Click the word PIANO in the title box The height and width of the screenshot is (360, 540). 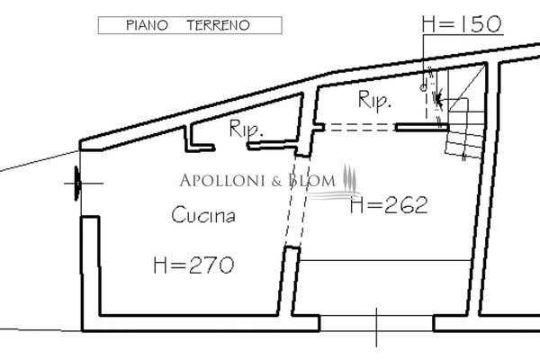coord(147,25)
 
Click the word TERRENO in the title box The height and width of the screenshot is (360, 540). coord(218,25)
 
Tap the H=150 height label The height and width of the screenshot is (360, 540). coord(462,24)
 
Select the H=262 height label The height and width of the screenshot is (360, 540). coord(389,205)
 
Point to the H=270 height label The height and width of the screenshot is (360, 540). coord(193,265)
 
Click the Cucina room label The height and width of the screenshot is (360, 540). coord(203,214)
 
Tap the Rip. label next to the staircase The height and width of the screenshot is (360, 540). coord(374,100)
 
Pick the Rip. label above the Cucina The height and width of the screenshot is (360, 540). coord(246,129)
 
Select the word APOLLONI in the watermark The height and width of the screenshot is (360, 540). coord(223,181)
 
